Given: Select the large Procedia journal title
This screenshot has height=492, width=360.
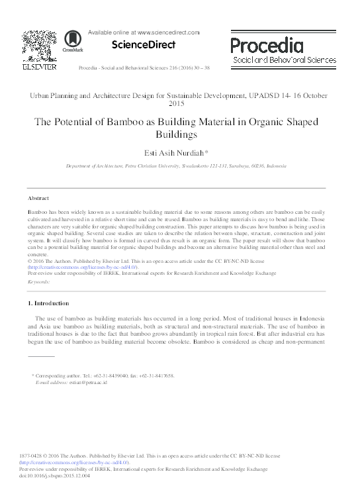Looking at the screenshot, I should (x=267, y=45).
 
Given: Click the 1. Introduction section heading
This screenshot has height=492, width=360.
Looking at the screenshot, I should (x=48, y=303).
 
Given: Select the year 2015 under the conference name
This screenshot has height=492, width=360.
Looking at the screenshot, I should (x=180, y=104).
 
